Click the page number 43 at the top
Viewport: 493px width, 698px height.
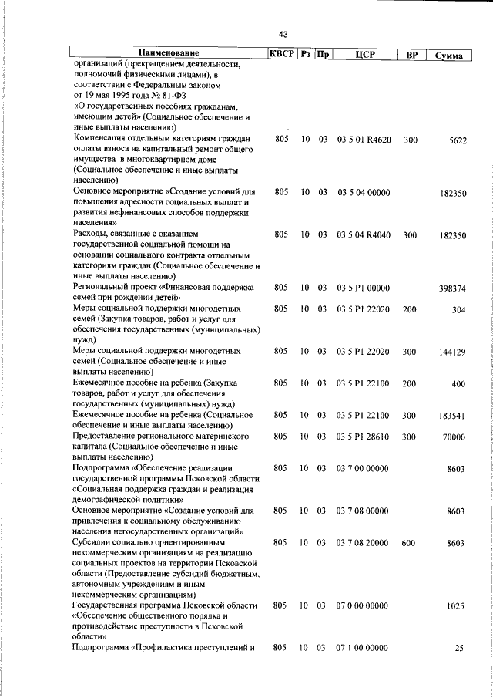(283, 34)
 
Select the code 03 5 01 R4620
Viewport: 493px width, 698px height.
(364, 140)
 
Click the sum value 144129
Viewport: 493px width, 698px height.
(451, 352)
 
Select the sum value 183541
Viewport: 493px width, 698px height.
(451, 415)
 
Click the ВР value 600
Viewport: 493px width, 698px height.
(408, 543)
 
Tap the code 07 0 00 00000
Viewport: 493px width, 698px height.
(363, 606)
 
